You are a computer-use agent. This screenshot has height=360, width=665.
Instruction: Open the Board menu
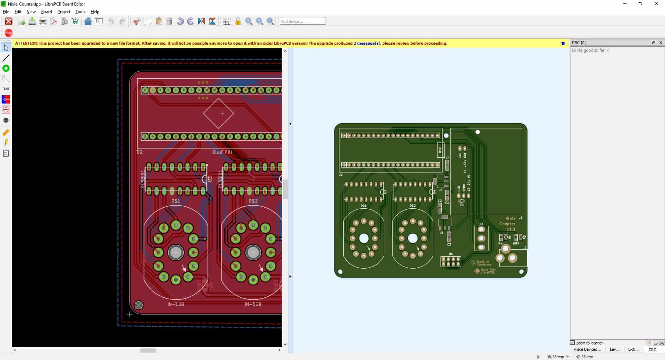46,12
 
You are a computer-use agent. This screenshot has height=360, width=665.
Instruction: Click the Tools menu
80,12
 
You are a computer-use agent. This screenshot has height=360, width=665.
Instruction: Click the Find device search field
302,21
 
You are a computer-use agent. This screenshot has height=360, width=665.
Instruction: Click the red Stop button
9,33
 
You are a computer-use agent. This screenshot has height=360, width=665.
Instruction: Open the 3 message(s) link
366,43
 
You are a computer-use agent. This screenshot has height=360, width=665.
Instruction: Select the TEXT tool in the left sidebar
6,89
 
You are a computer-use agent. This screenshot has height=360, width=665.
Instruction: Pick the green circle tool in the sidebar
6,69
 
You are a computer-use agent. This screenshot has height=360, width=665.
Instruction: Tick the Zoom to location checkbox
573,343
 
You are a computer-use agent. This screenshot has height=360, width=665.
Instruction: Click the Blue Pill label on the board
222,152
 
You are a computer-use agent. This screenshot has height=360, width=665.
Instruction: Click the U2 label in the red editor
140,152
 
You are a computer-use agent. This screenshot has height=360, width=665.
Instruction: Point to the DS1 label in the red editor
176,201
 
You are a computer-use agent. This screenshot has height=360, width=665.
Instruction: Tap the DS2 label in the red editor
253,201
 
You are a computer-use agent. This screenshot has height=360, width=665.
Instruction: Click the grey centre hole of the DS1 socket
176,253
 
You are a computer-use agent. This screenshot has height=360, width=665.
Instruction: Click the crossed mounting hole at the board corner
139,305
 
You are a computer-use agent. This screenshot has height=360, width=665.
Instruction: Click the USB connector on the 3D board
440,150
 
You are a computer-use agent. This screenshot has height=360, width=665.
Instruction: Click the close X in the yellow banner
563,43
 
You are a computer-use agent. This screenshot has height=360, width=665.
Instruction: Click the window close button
656,4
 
